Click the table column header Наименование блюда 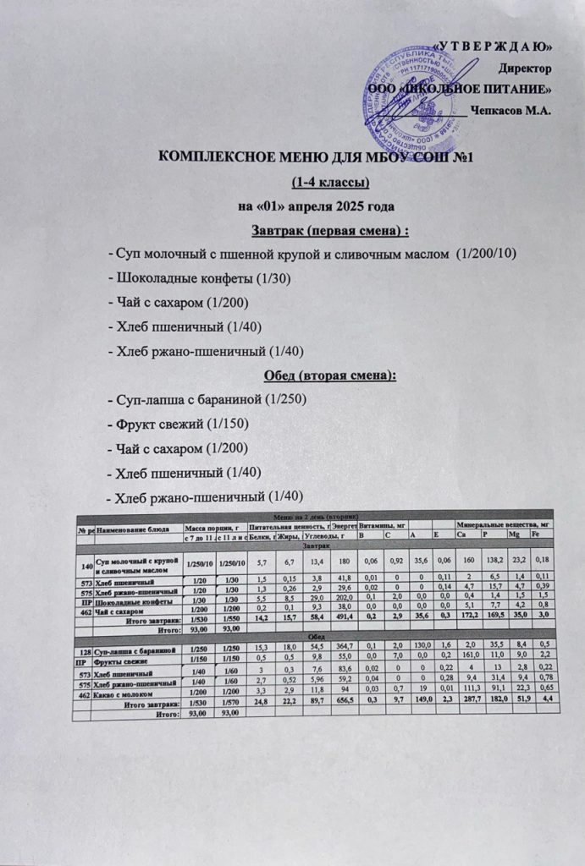[x=135, y=529]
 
